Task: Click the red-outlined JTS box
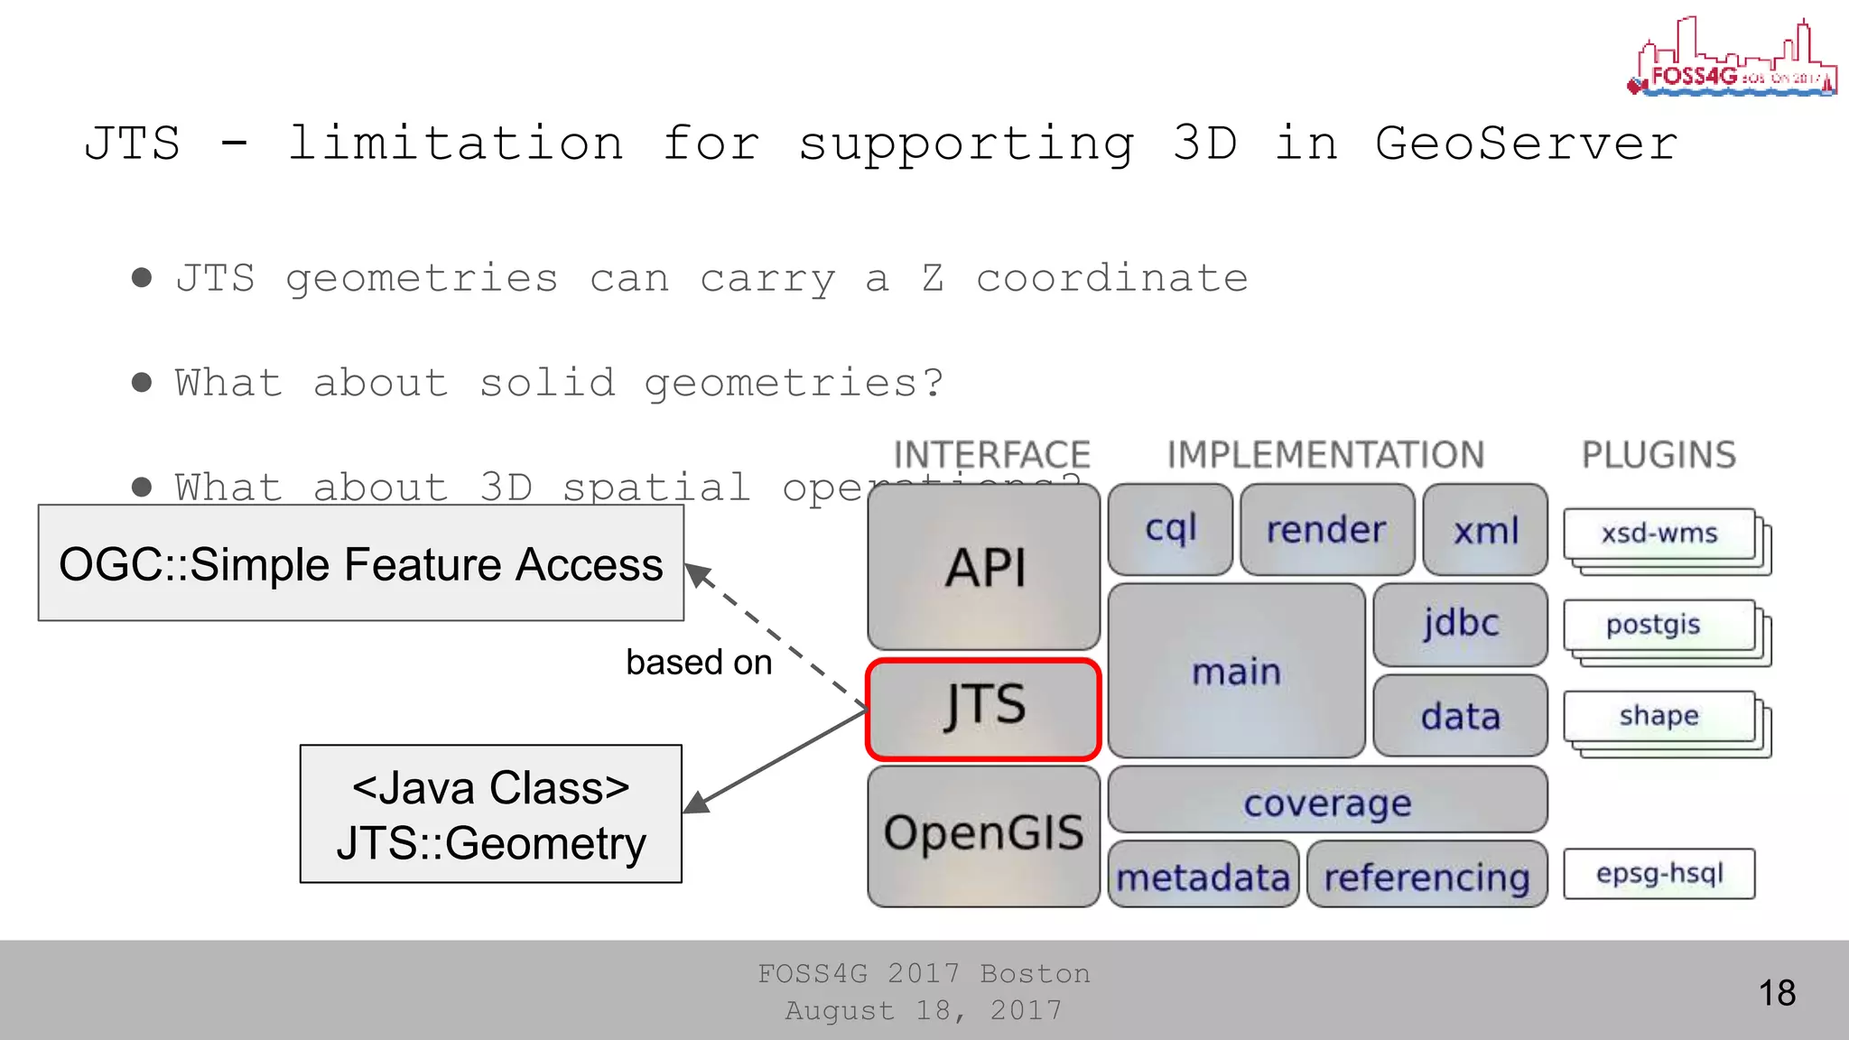tap(983, 709)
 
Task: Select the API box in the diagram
tap(983, 567)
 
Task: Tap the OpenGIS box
tap(983, 835)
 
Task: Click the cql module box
tap(1170, 530)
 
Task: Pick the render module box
tap(1326, 530)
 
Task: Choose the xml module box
tap(1485, 530)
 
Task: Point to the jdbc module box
tap(1460, 624)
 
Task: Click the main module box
tap(1236, 671)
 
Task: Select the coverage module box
tap(1327, 800)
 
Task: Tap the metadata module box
tap(1203, 875)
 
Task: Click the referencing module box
tap(1426, 875)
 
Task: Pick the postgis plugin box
tap(1659, 626)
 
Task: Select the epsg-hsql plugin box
tap(1659, 873)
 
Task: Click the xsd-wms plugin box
tap(1659, 534)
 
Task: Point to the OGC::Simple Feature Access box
tap(361, 563)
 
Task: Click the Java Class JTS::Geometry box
tap(490, 813)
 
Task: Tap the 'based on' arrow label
tap(699, 663)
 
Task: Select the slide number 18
tap(1777, 993)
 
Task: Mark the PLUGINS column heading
tap(1659, 455)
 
